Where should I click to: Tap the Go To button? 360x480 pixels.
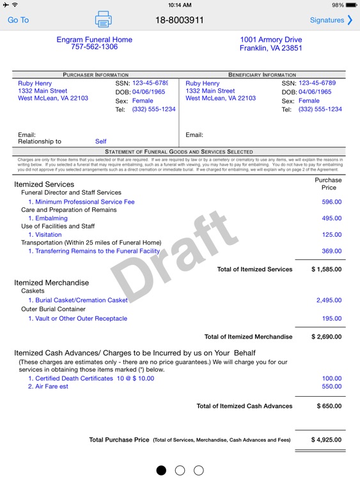(18, 20)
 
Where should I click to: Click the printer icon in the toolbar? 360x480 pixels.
(103, 20)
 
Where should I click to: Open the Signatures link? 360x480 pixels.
(331, 20)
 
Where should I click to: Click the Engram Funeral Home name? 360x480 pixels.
(94, 40)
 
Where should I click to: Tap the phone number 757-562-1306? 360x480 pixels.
(94, 47)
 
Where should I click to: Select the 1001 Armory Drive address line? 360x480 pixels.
(271, 40)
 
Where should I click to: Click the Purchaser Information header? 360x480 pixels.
(95, 75)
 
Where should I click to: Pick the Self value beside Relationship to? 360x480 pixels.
(101, 141)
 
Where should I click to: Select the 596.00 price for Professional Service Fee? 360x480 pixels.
(331, 202)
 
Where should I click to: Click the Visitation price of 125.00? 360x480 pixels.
(331, 235)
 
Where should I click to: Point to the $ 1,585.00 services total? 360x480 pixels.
(326, 269)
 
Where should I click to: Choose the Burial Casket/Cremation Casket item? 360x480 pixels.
(78, 300)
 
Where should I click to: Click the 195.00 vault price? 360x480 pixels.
(331, 319)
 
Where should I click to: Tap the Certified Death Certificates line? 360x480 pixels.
(91, 378)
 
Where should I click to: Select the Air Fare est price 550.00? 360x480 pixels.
(331, 387)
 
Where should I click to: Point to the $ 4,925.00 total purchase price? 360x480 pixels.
(326, 440)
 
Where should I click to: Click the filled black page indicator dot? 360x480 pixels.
(161, 470)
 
